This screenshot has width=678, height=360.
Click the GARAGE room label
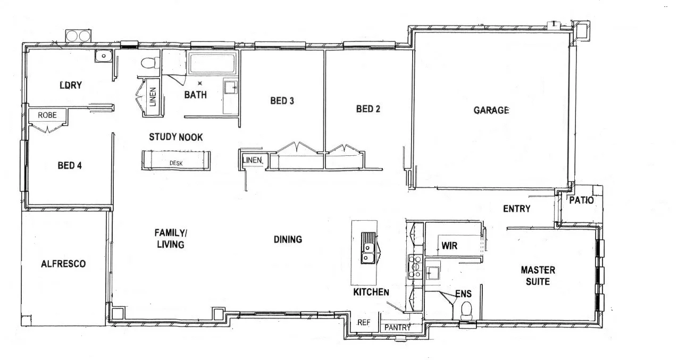pyautogui.click(x=491, y=111)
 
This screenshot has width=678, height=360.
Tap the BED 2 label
pyautogui.click(x=368, y=109)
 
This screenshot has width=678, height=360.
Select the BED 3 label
pyautogui.click(x=282, y=101)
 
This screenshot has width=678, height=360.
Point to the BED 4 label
pyautogui.click(x=69, y=165)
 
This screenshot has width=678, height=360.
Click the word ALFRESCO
pyautogui.click(x=63, y=263)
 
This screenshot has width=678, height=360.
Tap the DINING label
pyautogui.click(x=288, y=239)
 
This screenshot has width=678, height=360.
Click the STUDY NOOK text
pyautogui.click(x=175, y=137)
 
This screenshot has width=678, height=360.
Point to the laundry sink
pyautogui.click(x=102, y=55)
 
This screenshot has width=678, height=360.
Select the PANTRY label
pyautogui.click(x=397, y=328)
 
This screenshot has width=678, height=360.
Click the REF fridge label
pyautogui.click(x=363, y=322)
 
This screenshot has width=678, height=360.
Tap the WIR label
pyautogui.click(x=449, y=246)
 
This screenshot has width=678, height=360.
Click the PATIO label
pyautogui.click(x=581, y=200)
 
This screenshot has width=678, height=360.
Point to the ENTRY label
pyautogui.click(x=516, y=209)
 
